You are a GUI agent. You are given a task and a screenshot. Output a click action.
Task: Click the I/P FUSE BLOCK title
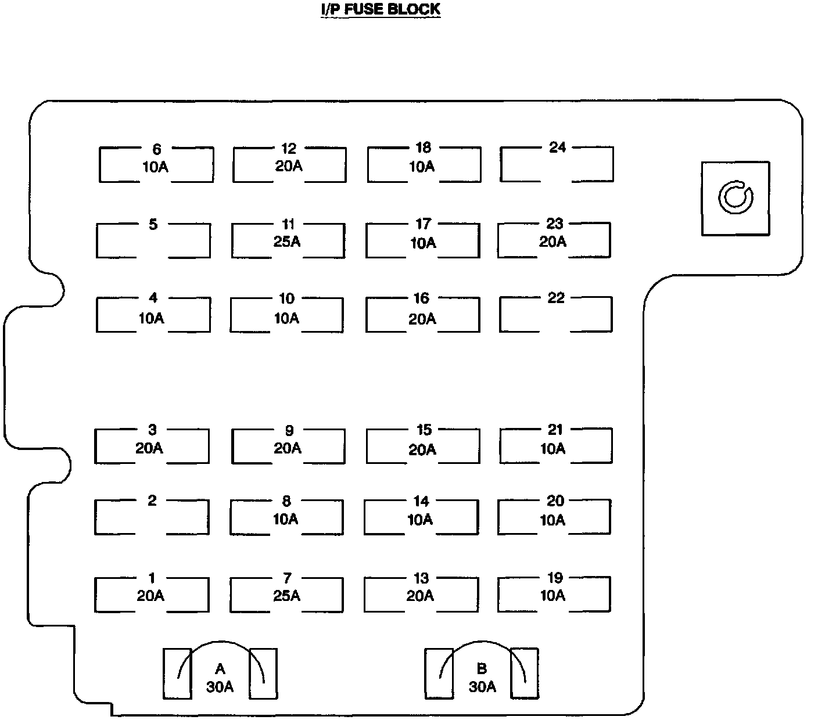381,9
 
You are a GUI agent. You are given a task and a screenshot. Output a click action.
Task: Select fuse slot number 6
156,164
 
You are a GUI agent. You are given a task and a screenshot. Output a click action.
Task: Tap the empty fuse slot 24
557,164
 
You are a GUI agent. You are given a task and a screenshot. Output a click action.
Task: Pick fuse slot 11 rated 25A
288,240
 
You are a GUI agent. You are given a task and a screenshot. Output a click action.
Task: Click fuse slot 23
554,239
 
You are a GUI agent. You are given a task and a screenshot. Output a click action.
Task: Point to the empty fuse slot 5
153,240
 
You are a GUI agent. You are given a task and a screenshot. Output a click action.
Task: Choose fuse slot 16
422,315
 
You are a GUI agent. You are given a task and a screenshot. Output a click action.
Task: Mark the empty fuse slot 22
555,314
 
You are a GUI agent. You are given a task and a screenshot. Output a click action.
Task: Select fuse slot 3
152,446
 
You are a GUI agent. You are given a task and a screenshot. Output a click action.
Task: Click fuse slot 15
423,446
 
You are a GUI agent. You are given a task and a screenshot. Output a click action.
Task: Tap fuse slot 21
555,445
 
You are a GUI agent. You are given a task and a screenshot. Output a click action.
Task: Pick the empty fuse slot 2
152,516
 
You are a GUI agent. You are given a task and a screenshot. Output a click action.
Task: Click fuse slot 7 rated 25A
286,594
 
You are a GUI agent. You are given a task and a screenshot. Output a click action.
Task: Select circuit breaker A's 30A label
220,687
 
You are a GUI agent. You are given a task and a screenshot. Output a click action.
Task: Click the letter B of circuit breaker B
482,669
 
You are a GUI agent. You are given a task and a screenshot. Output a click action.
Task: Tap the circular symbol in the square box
735,198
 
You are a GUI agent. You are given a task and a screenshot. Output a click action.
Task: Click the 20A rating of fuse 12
289,166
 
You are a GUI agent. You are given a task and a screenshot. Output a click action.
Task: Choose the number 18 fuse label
424,148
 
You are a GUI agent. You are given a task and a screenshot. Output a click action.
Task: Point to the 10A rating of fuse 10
286,318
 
